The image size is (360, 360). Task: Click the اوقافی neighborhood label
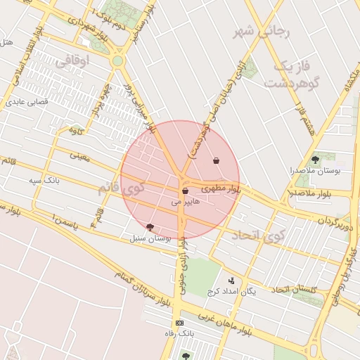(x=72, y=62)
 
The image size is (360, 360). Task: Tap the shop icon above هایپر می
(x=185, y=191)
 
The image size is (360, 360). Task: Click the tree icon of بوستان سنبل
(x=150, y=226)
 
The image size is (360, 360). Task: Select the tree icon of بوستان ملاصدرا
(x=314, y=159)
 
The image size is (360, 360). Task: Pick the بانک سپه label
(x=44, y=181)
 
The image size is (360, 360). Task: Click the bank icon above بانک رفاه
(x=179, y=322)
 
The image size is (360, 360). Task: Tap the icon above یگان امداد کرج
(x=232, y=281)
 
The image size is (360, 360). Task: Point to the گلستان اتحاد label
(x=295, y=290)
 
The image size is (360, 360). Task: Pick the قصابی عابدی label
(x=27, y=102)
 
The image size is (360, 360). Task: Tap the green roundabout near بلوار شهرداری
(x=117, y=61)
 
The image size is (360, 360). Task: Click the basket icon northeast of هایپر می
(x=216, y=161)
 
